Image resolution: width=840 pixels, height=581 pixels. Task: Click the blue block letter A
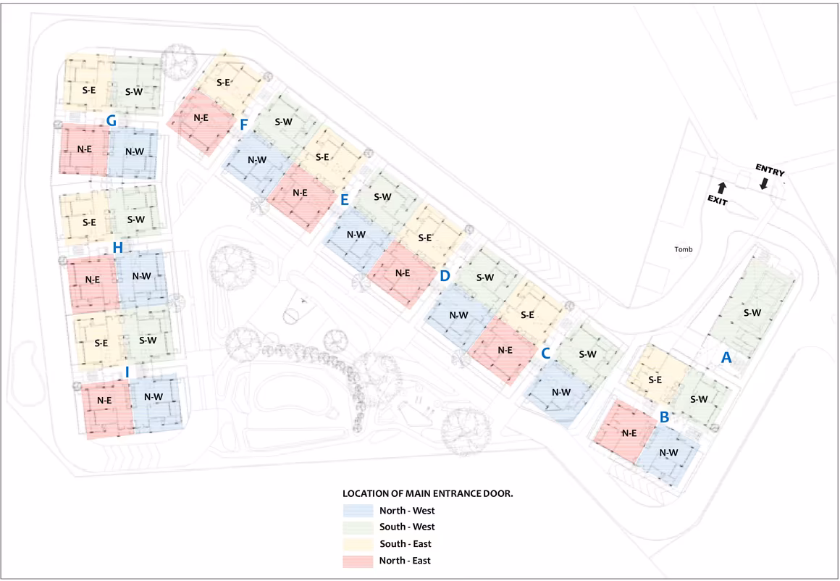click(x=726, y=357)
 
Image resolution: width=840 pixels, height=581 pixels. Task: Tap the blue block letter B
click(x=664, y=417)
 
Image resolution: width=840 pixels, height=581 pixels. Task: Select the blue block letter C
click(x=546, y=354)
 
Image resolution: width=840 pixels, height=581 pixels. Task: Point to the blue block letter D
click(x=445, y=276)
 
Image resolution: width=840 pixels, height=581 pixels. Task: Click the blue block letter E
click(x=345, y=200)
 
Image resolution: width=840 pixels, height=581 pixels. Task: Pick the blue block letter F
click(x=244, y=125)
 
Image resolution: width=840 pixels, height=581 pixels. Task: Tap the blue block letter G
click(x=112, y=120)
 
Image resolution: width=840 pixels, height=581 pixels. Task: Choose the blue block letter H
click(x=118, y=248)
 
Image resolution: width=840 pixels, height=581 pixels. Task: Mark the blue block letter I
click(x=127, y=372)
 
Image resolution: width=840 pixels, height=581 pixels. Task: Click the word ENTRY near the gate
click(x=770, y=170)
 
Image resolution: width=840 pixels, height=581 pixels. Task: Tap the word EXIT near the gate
click(x=718, y=201)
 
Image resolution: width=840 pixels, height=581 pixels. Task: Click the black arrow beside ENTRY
click(x=764, y=184)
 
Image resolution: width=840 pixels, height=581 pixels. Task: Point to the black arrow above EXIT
click(x=722, y=188)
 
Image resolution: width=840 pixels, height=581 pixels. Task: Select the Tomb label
click(x=683, y=249)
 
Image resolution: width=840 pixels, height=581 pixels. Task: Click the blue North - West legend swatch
click(x=358, y=510)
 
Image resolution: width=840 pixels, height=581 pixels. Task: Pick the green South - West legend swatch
click(x=358, y=527)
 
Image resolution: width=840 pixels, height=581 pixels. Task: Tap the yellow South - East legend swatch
click(x=358, y=544)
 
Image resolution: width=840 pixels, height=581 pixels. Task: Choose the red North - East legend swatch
click(x=358, y=561)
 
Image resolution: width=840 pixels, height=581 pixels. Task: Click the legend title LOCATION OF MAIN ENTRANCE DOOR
click(x=427, y=493)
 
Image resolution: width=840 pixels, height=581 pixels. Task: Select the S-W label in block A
click(x=752, y=312)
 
